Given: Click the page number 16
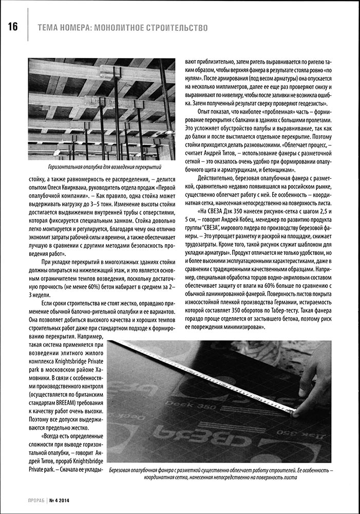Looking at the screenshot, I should coord(12,27).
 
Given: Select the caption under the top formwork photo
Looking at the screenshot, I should coord(103,168).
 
